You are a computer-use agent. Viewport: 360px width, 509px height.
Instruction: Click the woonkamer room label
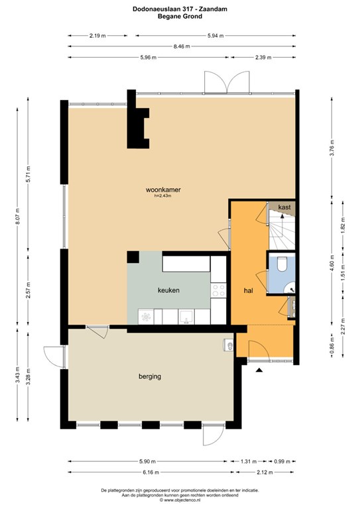(x=163, y=190)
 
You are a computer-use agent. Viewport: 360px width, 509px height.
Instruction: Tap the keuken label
(x=168, y=290)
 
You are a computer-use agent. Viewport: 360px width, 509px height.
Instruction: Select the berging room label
(x=150, y=376)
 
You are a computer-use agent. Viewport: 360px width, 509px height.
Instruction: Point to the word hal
(x=249, y=290)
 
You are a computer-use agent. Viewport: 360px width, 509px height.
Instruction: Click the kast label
(x=284, y=207)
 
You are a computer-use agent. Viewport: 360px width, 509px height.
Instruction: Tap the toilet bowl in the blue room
(x=282, y=263)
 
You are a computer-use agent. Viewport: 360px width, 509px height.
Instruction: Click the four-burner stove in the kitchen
(x=218, y=290)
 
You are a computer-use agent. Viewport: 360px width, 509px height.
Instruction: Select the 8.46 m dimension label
(x=182, y=46)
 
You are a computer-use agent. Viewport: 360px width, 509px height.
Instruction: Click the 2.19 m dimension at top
(x=97, y=36)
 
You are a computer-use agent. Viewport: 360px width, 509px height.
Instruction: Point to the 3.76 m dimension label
(x=331, y=148)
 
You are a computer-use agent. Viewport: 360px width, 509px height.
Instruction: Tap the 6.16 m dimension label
(x=150, y=473)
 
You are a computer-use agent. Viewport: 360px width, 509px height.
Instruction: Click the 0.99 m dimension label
(x=281, y=461)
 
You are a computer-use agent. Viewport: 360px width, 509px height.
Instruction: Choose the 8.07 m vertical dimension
(x=17, y=216)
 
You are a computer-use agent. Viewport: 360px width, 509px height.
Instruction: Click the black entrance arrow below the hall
(x=259, y=370)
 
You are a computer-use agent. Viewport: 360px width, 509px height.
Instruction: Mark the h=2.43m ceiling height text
(x=162, y=196)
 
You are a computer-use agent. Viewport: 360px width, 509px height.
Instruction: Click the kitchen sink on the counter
(x=186, y=317)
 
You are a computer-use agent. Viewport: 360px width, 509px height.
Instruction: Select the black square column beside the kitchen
(x=133, y=257)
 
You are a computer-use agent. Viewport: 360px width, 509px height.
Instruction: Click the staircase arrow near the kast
(x=282, y=215)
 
